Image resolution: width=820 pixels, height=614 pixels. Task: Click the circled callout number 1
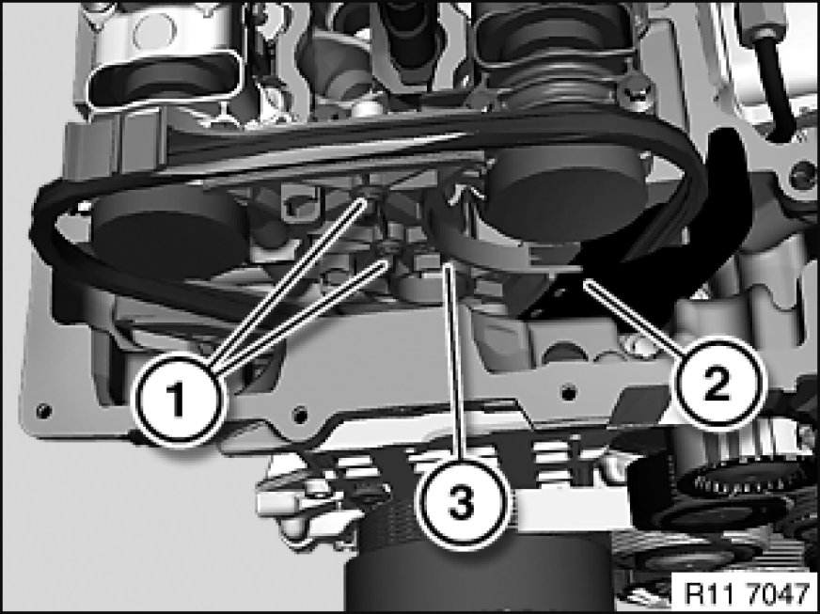[178, 401]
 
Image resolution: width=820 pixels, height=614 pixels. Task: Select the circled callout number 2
[717, 385]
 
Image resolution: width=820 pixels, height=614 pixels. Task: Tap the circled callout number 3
[461, 503]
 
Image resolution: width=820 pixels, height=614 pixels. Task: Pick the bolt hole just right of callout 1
[300, 416]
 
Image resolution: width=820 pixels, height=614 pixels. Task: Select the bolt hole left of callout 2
[569, 391]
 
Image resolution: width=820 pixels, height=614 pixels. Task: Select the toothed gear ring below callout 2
[743, 479]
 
